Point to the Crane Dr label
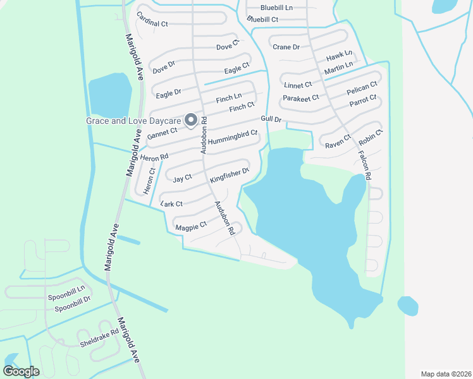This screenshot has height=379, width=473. tap(286, 47)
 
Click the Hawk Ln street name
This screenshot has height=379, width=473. tap(338, 56)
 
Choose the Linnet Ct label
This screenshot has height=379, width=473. tap(298, 85)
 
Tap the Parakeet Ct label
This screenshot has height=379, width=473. tap(300, 98)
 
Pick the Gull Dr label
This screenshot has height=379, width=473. tap(271, 119)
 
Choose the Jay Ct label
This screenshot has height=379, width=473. tap(182, 179)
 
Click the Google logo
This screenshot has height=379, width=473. tap(21, 371)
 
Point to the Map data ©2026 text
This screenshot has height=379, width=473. tap(445, 373)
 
